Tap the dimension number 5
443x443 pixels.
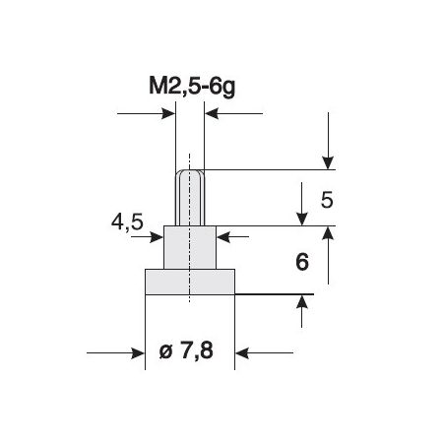(x=327, y=200)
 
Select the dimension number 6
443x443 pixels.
(x=302, y=262)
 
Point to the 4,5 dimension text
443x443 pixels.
(x=127, y=222)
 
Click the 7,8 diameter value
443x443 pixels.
(x=197, y=351)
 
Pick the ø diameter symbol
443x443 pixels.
(x=165, y=351)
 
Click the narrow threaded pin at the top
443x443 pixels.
(x=190, y=198)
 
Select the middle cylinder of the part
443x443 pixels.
(x=190, y=247)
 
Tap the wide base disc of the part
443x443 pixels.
(x=190, y=282)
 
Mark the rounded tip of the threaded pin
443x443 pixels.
(x=190, y=172)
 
